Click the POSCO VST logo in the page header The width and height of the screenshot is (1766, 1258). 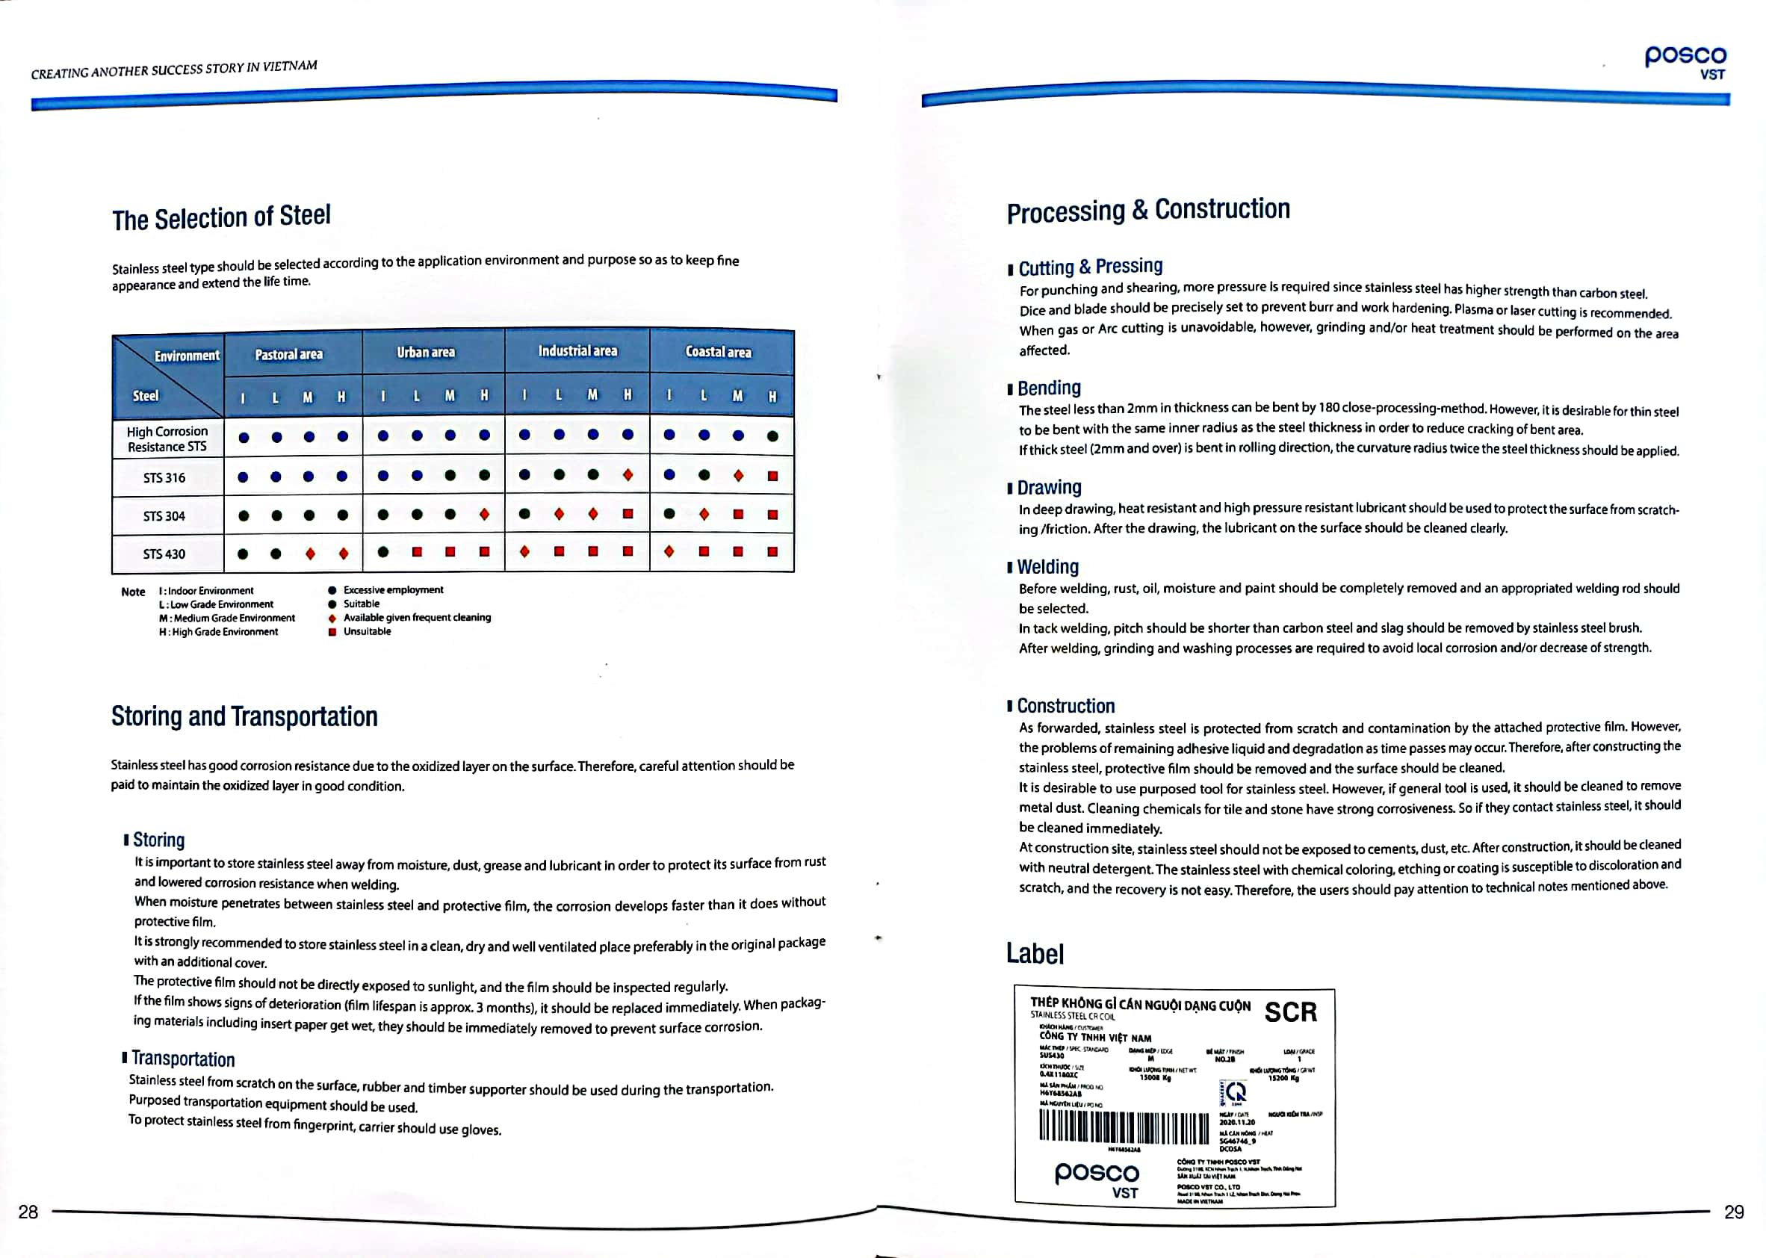(x=1685, y=61)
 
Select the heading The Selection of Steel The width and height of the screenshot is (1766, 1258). (x=222, y=217)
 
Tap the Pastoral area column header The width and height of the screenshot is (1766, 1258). (x=289, y=355)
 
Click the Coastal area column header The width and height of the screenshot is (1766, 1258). (x=718, y=353)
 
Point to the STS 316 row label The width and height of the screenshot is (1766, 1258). (x=164, y=478)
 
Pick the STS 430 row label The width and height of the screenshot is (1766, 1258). (x=164, y=554)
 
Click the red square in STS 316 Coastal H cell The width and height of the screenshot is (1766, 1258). (x=772, y=476)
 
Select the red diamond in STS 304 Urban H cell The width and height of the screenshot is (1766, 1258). (x=484, y=515)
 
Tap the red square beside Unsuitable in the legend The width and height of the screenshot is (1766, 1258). (x=332, y=632)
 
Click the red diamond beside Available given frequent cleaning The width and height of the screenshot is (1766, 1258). (x=332, y=618)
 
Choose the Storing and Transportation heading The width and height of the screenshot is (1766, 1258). (x=245, y=716)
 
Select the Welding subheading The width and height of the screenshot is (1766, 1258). (x=1047, y=567)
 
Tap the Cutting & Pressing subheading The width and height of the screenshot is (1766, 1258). (x=1090, y=267)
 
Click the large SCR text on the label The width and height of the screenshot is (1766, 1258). (x=1290, y=1011)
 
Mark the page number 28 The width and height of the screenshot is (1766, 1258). (x=28, y=1212)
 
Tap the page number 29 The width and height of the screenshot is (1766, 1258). (x=1733, y=1212)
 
